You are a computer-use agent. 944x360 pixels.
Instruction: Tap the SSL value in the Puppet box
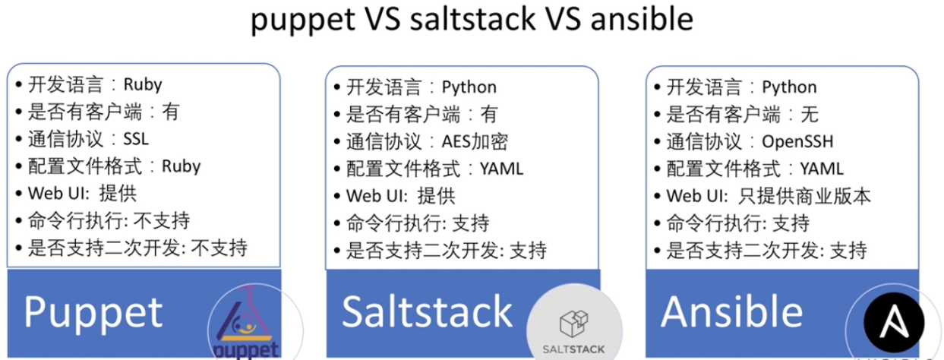pyautogui.click(x=136, y=139)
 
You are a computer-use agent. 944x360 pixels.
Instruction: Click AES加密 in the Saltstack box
pyautogui.click(x=475, y=141)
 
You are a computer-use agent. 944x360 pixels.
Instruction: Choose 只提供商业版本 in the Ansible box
pyautogui.click(x=804, y=195)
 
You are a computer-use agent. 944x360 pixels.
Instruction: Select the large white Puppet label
pyautogui.click(x=93, y=312)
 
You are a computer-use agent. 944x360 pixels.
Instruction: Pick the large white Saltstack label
pyautogui.click(x=428, y=311)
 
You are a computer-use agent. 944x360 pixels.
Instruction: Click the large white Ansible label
pyautogui.click(x=731, y=311)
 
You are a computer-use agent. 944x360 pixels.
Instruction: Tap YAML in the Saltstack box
pyautogui.click(x=501, y=168)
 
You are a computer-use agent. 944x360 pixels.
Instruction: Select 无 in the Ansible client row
pyautogui.click(x=810, y=115)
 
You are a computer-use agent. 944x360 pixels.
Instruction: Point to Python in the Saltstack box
pyautogui.click(x=469, y=87)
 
